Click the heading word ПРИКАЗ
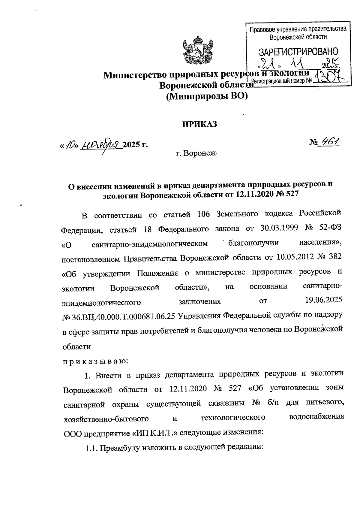pos(200,124)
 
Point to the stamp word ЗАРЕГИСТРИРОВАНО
pos(298,52)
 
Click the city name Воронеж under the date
pos(196,154)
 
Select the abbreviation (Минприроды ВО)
pos(207,96)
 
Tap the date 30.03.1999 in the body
pos(277,228)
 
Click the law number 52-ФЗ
pos(329,228)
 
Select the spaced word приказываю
pos(95,361)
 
